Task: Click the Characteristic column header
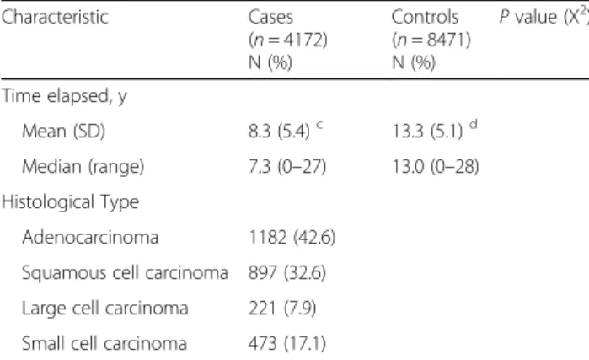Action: click(x=55, y=18)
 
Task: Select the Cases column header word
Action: click(x=270, y=18)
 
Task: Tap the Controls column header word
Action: click(x=425, y=18)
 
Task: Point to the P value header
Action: click(x=544, y=17)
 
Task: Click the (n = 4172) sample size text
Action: click(x=287, y=40)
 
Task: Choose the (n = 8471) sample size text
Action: click(x=431, y=40)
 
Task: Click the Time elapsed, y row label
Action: click(x=64, y=96)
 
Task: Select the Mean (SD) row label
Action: click(x=63, y=132)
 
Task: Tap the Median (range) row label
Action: click(x=83, y=166)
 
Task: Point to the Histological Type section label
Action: click(x=70, y=202)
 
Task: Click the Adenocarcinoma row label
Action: click(x=90, y=238)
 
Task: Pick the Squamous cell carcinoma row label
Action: click(x=125, y=273)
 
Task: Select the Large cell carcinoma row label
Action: click(x=105, y=309)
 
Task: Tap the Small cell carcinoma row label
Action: click(x=104, y=344)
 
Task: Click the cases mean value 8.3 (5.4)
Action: click(x=279, y=132)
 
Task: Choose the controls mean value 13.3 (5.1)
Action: click(x=427, y=132)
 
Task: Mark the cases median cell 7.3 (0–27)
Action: click(x=287, y=166)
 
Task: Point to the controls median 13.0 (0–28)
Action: click(x=436, y=166)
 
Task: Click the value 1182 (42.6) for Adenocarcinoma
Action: click(x=292, y=238)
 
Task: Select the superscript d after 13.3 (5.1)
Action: click(x=474, y=124)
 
